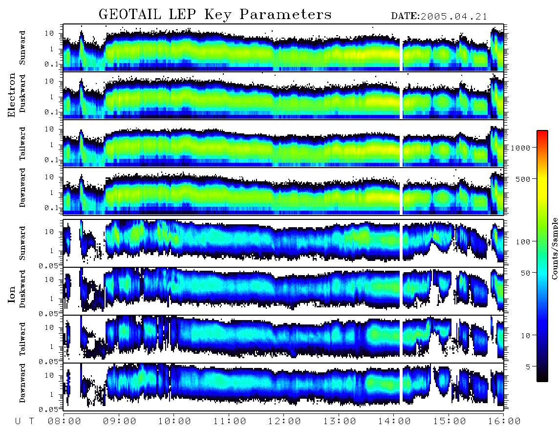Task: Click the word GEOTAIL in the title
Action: point(130,15)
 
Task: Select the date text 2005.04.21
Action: point(454,17)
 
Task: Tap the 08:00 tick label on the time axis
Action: point(65,421)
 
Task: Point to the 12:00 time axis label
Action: point(284,421)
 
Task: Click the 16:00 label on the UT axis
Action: point(504,421)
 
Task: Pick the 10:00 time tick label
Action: point(175,421)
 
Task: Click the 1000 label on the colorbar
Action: point(520,148)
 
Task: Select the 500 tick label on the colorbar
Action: point(523,179)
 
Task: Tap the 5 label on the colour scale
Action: point(528,366)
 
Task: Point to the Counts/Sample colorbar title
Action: point(554,248)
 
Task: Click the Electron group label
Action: point(12,95)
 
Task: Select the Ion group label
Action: point(12,295)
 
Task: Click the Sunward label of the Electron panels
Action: point(22,48)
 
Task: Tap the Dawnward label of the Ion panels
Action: point(22,383)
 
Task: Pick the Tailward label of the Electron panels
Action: point(22,144)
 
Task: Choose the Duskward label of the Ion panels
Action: point(22,289)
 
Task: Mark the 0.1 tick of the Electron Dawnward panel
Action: point(52,208)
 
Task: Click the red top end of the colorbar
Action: point(542,132)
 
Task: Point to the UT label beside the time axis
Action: point(24,421)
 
